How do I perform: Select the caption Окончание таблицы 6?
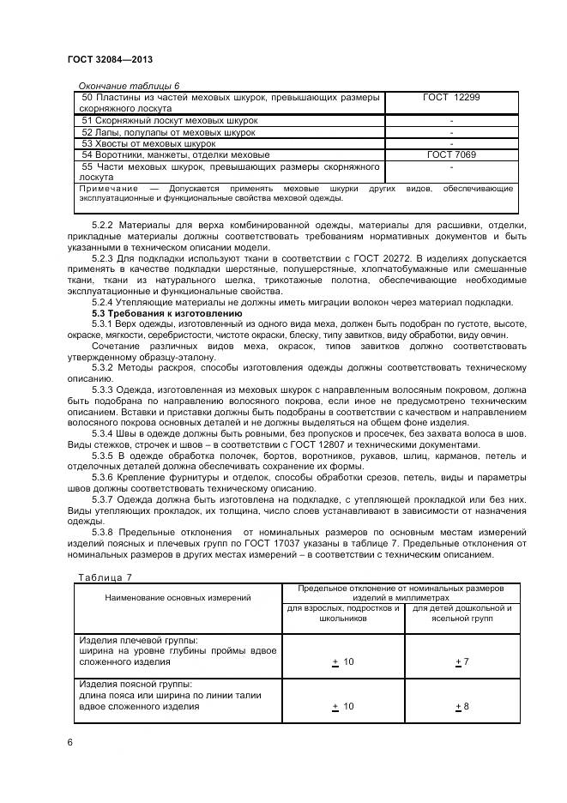point(129,87)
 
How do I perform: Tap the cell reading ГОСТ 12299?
point(451,98)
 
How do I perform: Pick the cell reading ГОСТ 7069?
point(451,155)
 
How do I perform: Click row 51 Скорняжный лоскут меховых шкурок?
point(169,121)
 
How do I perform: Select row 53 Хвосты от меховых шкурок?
point(148,144)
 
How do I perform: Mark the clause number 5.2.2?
point(102,226)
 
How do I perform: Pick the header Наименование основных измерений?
point(178,597)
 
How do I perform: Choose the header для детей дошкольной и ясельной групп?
point(461,613)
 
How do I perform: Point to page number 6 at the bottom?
point(69,741)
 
